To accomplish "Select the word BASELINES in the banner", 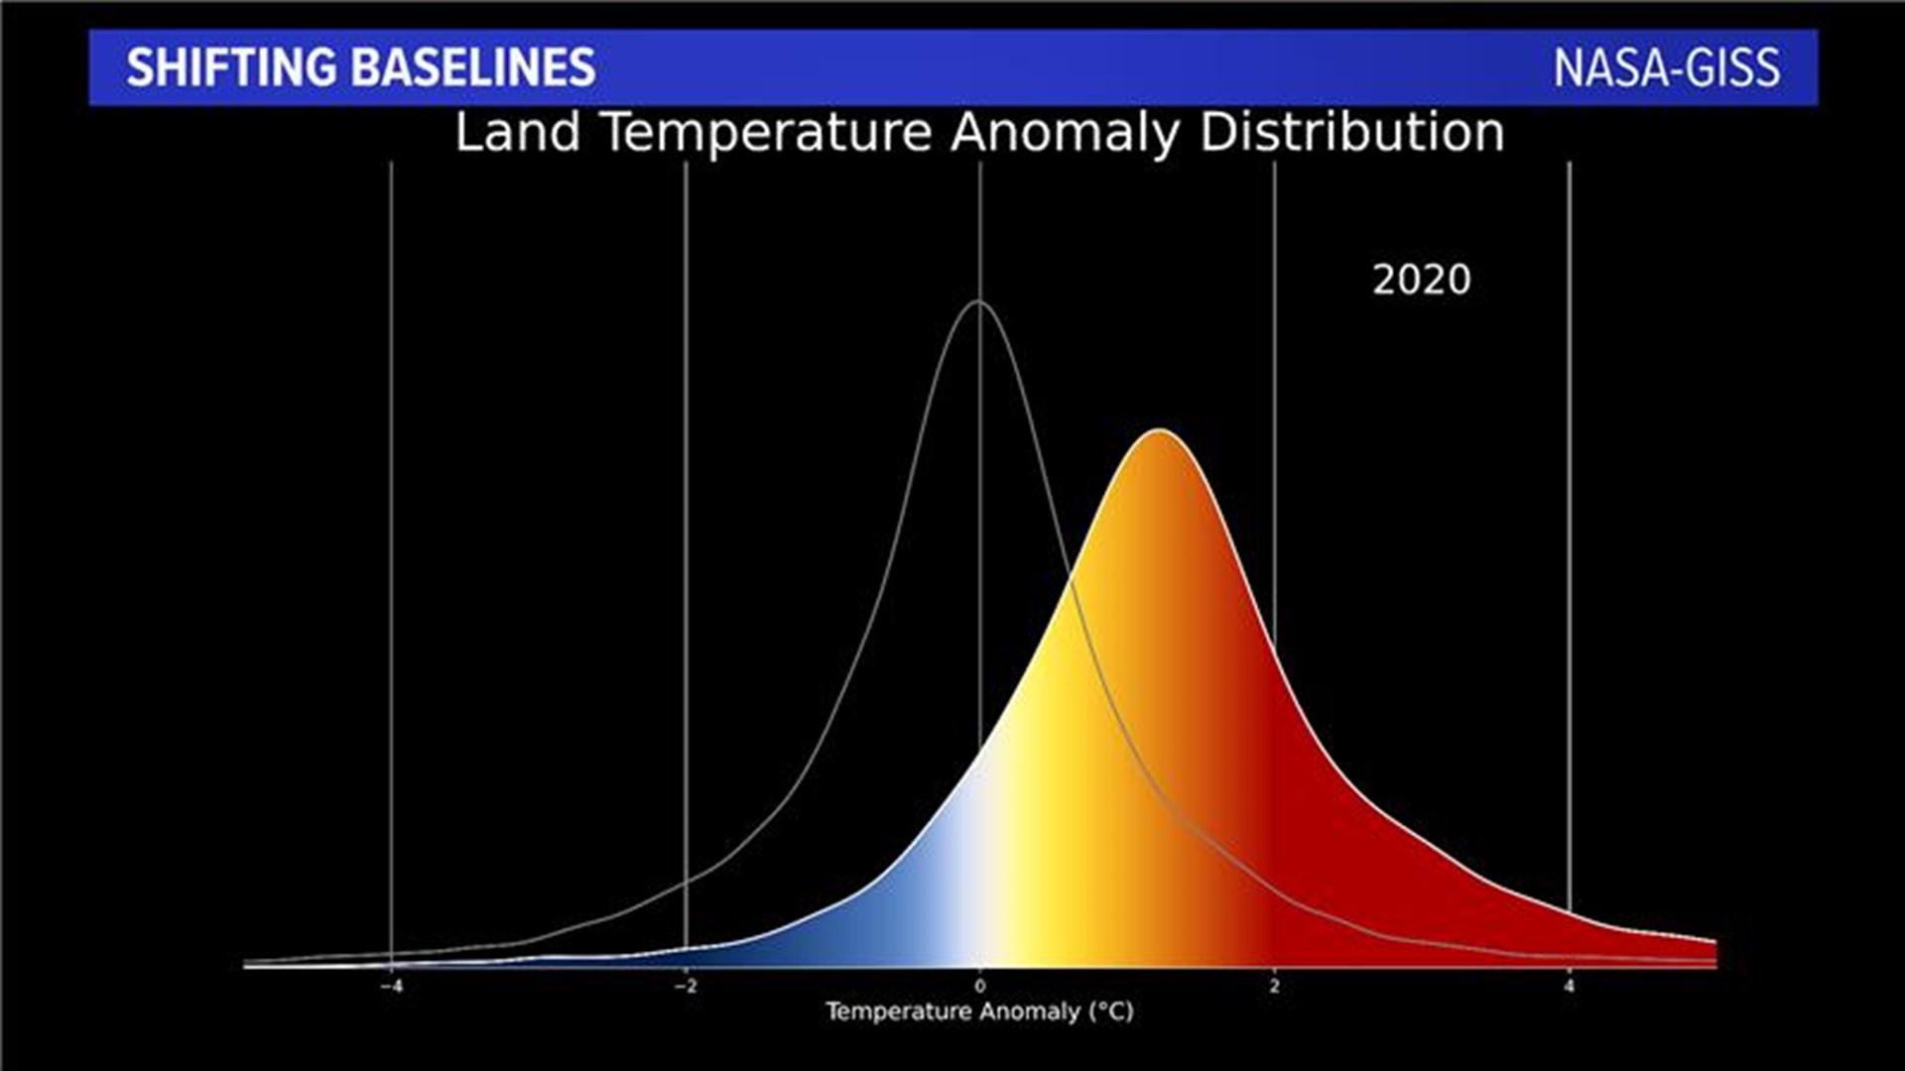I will pyautogui.click(x=473, y=67).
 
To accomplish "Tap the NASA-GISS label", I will pyautogui.click(x=1666, y=67).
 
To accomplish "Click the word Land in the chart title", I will pyautogui.click(x=517, y=133).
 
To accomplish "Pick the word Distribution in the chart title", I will pyautogui.click(x=1351, y=133).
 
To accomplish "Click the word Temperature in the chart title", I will pyautogui.click(x=768, y=133).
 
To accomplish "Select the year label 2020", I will pyautogui.click(x=1421, y=281).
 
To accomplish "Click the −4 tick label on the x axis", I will pyautogui.click(x=392, y=987).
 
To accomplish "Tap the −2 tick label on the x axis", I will pyautogui.click(x=686, y=987).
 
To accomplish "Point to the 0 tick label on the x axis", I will pyautogui.click(x=980, y=987).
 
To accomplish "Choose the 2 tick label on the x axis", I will pyautogui.click(x=1275, y=987).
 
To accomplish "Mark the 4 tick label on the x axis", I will pyautogui.click(x=1569, y=987).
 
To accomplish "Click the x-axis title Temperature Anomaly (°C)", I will pyautogui.click(x=979, y=1011).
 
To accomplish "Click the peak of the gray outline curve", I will pyautogui.click(x=978, y=300).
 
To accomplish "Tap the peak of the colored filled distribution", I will pyautogui.click(x=1158, y=429).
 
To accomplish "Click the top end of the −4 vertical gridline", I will pyautogui.click(x=392, y=164).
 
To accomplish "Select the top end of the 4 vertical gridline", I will pyautogui.click(x=1570, y=164).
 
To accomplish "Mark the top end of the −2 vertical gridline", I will pyautogui.click(x=686, y=164).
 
